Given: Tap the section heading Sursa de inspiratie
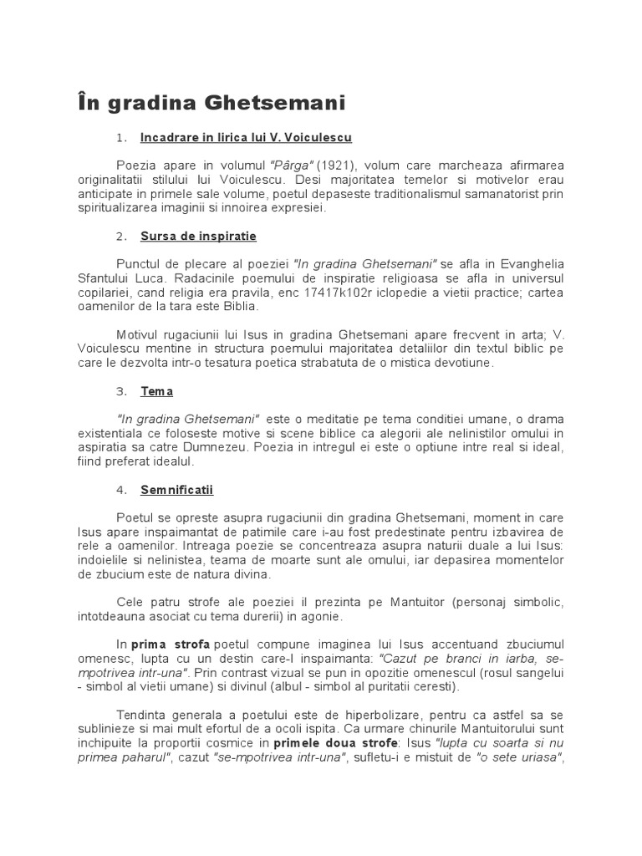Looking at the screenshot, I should pyautogui.click(x=198, y=237).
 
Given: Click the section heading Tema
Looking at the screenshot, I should pyautogui.click(x=156, y=390).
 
